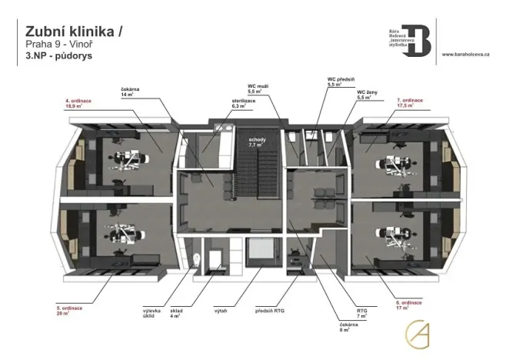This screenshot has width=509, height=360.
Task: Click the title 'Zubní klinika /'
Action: click(x=74, y=31)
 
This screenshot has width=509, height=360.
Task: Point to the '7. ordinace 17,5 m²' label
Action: click(x=411, y=103)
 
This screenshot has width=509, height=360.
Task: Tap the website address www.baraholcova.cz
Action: click(x=471, y=55)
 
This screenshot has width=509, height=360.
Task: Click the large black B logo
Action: click(x=419, y=38)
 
